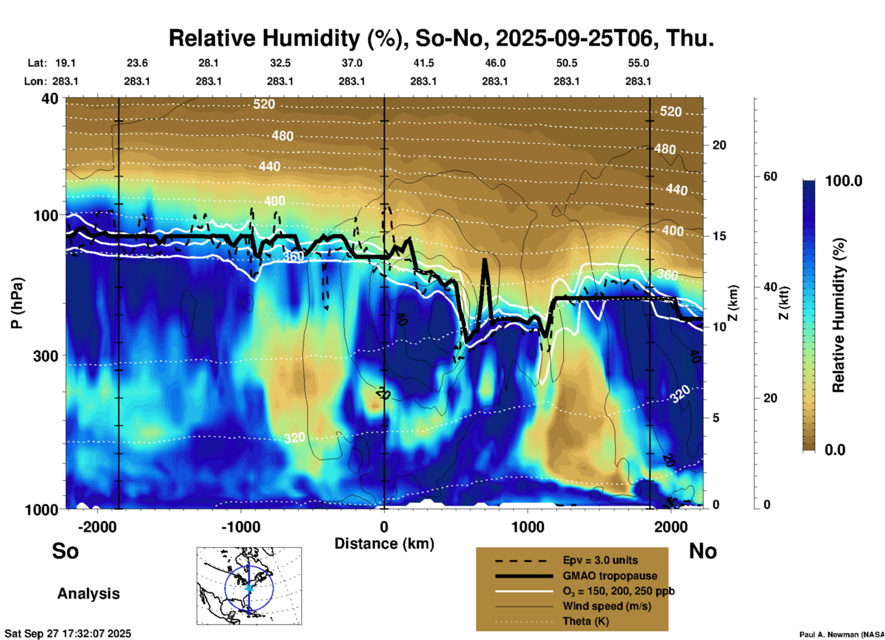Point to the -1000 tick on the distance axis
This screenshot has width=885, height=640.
coord(241,527)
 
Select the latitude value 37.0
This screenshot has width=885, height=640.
coord(352,63)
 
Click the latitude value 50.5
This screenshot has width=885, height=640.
coord(566,63)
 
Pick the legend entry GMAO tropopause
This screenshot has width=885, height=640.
coord(610,576)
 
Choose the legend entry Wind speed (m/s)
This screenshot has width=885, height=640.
coord(607,606)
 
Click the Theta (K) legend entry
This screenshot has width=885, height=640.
coord(586,621)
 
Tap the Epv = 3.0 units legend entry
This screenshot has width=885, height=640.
coord(600,560)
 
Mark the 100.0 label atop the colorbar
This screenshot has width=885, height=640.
coord(844,181)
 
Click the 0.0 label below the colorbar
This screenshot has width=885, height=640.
coord(835,450)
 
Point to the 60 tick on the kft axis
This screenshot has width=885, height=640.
coord(770,177)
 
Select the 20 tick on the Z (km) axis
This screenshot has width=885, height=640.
coord(719,145)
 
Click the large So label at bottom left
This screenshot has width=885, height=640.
coord(65,551)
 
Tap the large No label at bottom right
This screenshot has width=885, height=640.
coord(703,551)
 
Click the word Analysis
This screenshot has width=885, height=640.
coord(88,594)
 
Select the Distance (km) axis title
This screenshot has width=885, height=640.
coord(384,544)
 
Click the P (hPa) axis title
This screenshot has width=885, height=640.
coord(17,303)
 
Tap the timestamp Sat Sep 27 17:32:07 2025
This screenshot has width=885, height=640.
coord(68,634)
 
